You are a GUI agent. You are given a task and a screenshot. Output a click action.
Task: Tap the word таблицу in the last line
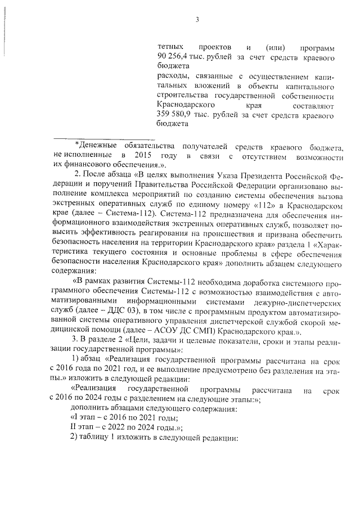(x=98, y=438)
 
